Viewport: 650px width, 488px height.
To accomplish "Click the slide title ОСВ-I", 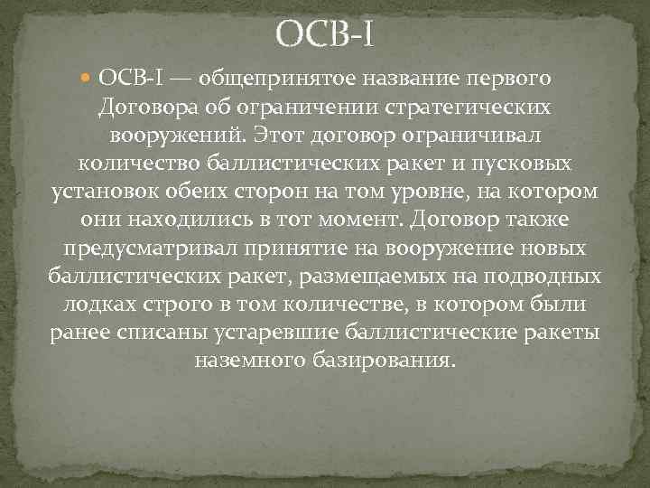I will (x=325, y=36).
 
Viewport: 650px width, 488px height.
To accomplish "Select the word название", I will (x=409, y=80).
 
